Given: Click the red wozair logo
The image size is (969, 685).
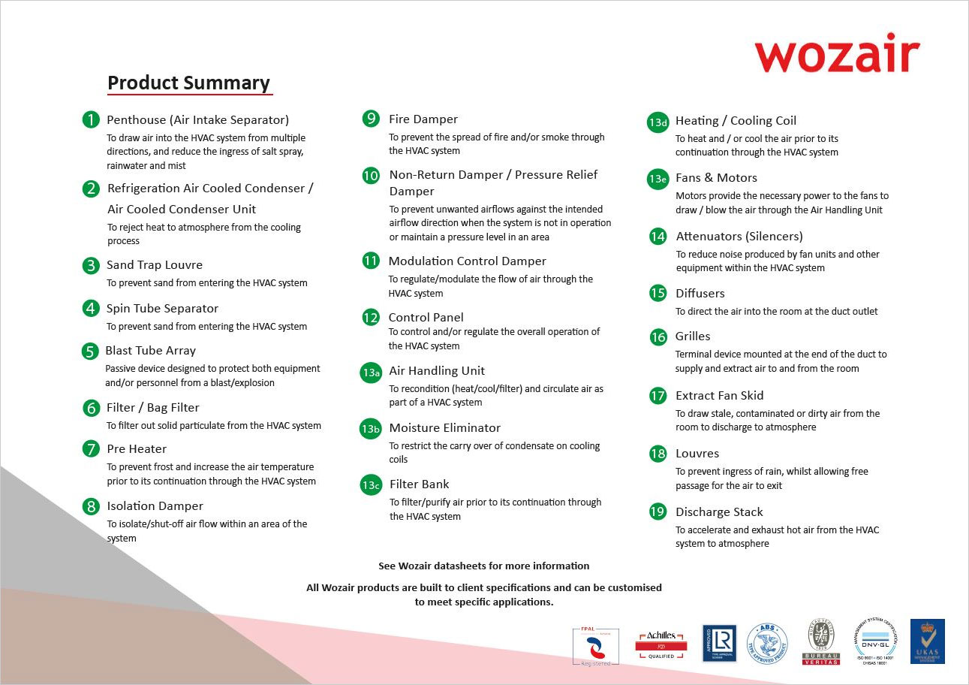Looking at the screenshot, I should pyautogui.click(x=837, y=54).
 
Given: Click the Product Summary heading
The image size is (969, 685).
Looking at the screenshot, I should pyautogui.click(x=188, y=83).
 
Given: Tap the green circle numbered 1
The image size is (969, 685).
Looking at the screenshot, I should pyautogui.click(x=91, y=119).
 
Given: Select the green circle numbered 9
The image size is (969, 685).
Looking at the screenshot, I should pyautogui.click(x=371, y=119).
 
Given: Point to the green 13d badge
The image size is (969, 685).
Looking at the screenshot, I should pyautogui.click(x=658, y=122).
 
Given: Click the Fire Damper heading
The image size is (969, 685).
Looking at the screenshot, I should pyautogui.click(x=423, y=119).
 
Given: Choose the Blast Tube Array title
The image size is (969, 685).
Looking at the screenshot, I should pyautogui.click(x=150, y=350).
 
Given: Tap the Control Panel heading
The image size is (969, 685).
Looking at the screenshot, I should pyautogui.click(x=426, y=317).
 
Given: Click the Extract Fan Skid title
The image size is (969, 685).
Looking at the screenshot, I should pyautogui.click(x=719, y=395).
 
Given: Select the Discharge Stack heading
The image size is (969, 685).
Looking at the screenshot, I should pyautogui.click(x=718, y=511).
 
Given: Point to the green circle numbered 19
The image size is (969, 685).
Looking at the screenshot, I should pyautogui.click(x=658, y=511).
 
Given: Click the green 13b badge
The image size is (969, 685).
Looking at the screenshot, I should pyautogui.click(x=371, y=429).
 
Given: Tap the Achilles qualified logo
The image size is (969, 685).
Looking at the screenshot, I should pyautogui.click(x=661, y=644).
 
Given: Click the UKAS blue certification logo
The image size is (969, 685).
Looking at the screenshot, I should pyautogui.click(x=927, y=641).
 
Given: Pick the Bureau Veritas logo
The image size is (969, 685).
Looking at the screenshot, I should pyautogui.click(x=820, y=642).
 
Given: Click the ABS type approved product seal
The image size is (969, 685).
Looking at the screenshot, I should pyautogui.click(x=767, y=644).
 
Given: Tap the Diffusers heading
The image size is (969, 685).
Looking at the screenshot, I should pyautogui.click(x=700, y=293).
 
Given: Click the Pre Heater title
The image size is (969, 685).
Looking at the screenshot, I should pyautogui.click(x=137, y=448).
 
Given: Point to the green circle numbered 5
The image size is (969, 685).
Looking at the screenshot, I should pyautogui.click(x=90, y=351).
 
